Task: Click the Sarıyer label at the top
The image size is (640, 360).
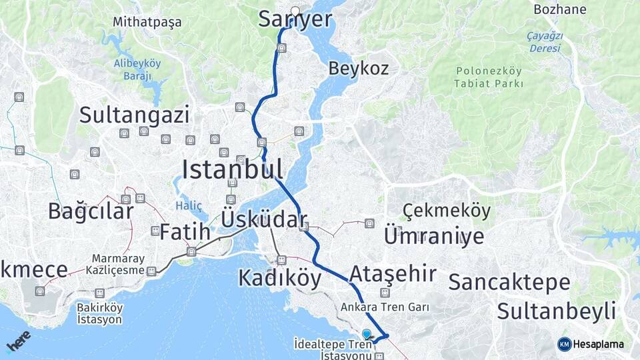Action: coord(295,20)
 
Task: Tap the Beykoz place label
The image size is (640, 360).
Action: coord(358,68)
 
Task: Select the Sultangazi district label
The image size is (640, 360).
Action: coord(134,115)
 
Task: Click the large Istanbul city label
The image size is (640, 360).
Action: coord(232,169)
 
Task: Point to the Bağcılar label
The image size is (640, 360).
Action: coord(91,211)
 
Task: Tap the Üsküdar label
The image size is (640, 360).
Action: coord(263,219)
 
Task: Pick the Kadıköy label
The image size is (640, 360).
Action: coord(279,278)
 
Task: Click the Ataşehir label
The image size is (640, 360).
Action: coord(393,273)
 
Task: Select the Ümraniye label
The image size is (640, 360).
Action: coord(433,236)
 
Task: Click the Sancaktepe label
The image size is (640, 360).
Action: coord(509,282)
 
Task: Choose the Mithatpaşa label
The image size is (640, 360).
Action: coord(147,22)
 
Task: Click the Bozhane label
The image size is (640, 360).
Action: coord(560,9)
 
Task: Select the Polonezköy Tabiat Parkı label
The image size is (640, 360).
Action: coord(489,77)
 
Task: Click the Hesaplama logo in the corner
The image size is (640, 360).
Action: coord(591,344)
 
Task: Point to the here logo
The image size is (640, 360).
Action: coord(19,341)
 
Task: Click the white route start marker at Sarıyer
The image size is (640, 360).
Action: coord(295,11)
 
